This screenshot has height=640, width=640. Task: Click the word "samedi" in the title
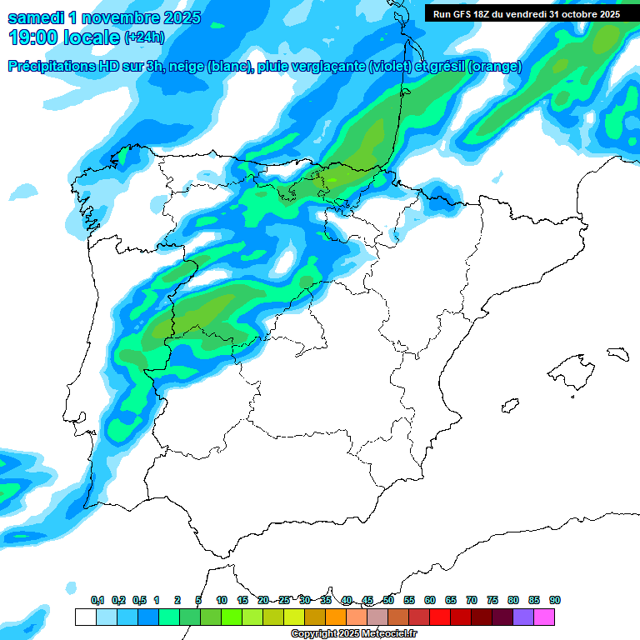[x=34, y=17]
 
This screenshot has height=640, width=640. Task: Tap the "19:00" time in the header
[x=34, y=37]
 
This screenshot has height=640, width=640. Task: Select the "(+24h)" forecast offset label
[x=144, y=37]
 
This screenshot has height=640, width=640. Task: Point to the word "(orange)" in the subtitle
[x=494, y=67]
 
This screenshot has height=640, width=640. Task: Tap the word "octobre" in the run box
[x=582, y=13]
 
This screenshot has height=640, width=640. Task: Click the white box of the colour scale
[x=85, y=617]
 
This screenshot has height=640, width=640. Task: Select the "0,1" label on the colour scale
[x=97, y=600]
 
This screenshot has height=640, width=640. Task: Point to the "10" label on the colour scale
[x=222, y=600]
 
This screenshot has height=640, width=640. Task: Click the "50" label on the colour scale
[x=388, y=600]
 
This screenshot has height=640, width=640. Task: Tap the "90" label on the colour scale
[x=555, y=600]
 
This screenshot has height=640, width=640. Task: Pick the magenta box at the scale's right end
[x=544, y=617]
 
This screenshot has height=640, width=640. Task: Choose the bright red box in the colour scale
[x=440, y=617]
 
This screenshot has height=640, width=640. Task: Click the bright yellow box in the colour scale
[x=294, y=617]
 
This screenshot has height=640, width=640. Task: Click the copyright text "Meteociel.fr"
[x=376, y=634]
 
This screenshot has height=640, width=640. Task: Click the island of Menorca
[x=617, y=353]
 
